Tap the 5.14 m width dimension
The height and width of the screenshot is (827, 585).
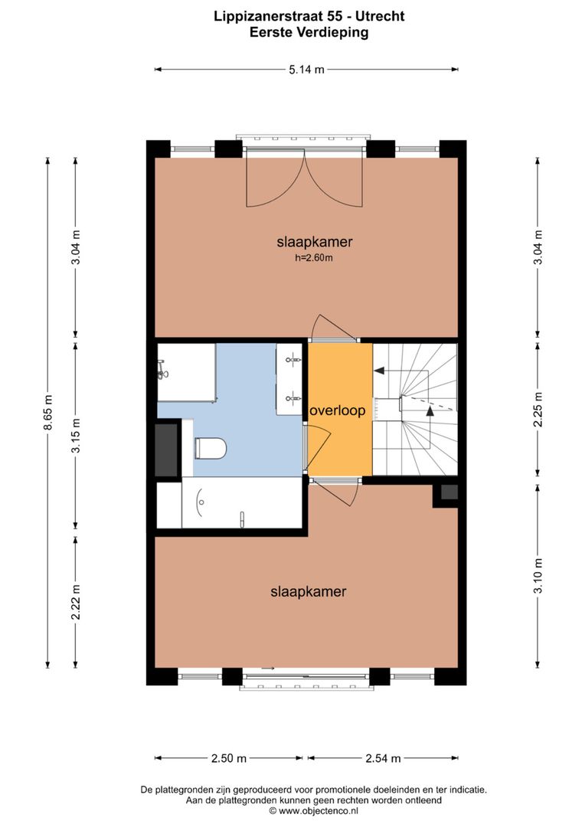coord(306,70)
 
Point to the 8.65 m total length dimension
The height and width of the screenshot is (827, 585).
coord(47,413)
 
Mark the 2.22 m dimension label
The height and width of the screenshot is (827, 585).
coord(75,603)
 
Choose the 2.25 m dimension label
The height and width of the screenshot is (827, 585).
coord(538,409)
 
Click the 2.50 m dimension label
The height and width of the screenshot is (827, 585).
coord(229,759)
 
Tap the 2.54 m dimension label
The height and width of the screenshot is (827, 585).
coord(382,759)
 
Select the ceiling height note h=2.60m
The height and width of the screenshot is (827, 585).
coord(314,258)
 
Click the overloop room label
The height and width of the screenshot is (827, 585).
coord(338,411)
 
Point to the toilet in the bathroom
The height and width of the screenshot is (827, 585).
coord(210,448)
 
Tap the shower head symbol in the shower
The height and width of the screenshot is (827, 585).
coord(162,371)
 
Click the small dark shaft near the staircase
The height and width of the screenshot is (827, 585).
coord(449,492)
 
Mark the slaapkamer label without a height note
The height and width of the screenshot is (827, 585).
coord(308,592)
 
